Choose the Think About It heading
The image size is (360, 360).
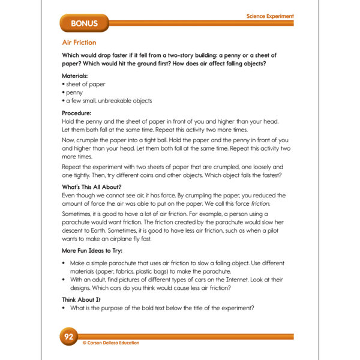82,299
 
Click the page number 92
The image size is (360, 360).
68,337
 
